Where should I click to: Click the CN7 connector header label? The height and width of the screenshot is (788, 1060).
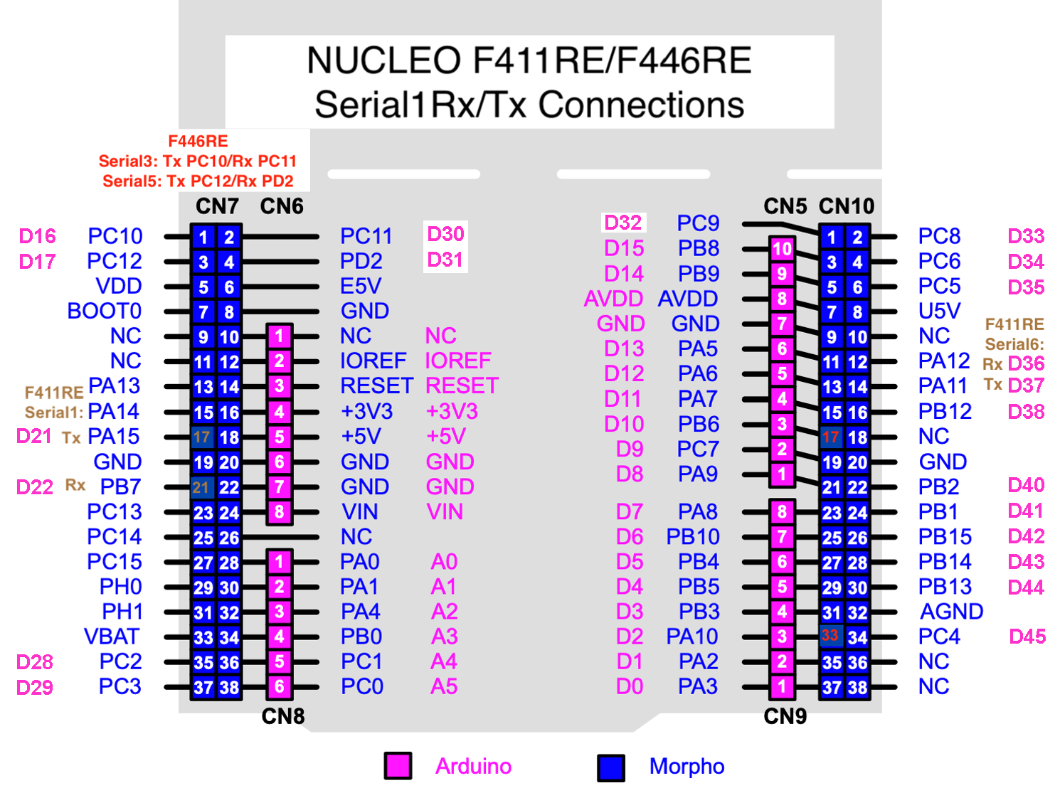click(x=217, y=206)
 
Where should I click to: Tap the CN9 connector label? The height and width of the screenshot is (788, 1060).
click(x=785, y=716)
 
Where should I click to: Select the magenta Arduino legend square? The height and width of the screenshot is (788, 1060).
click(x=398, y=766)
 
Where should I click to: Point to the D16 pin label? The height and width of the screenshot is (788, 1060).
click(x=37, y=236)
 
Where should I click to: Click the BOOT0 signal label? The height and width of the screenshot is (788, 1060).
click(x=104, y=311)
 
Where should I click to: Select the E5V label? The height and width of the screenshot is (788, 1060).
click(x=361, y=286)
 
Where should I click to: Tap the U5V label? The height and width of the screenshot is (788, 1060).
click(x=939, y=311)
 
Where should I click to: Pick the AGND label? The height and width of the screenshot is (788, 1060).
click(x=951, y=612)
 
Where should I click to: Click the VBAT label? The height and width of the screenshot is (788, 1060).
click(x=112, y=637)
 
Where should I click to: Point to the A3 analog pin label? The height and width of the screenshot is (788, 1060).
click(x=444, y=637)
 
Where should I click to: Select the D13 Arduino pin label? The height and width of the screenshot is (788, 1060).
click(x=624, y=348)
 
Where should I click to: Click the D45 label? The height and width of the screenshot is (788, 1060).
click(x=1027, y=637)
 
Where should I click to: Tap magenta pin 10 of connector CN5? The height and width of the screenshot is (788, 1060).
click(x=782, y=249)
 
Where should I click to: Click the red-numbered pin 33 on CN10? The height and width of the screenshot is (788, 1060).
click(x=830, y=636)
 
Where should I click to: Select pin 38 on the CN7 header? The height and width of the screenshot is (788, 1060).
click(x=229, y=688)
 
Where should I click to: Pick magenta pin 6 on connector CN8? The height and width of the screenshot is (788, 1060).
click(x=279, y=686)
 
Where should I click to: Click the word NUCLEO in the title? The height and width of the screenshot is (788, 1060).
click(x=383, y=60)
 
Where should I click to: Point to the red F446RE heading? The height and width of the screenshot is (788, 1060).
click(x=198, y=142)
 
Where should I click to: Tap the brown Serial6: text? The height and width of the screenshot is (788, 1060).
click(x=1014, y=344)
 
